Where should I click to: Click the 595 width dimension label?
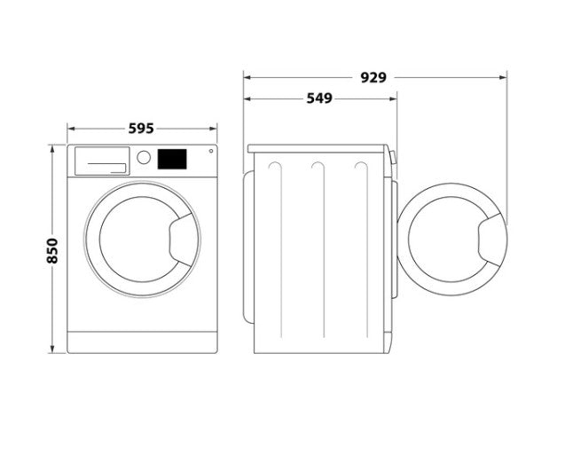point(141,129)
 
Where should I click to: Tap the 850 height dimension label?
point(52,251)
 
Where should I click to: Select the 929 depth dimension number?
point(373,77)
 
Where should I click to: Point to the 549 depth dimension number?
point(319,98)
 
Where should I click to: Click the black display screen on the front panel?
point(172,159)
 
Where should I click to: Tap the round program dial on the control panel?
point(144,158)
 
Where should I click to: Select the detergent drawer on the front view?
point(102,161)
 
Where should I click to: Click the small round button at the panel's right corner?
point(211,151)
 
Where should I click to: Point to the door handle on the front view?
point(184,240)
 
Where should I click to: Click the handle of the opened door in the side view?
point(492,240)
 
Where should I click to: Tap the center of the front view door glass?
point(140,240)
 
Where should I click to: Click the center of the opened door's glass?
point(448,240)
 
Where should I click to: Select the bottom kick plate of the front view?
point(142,342)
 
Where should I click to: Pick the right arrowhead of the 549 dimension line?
point(394,98)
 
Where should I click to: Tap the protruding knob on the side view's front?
point(393,158)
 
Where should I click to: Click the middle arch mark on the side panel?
point(318,167)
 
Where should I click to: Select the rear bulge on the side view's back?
point(248,248)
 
